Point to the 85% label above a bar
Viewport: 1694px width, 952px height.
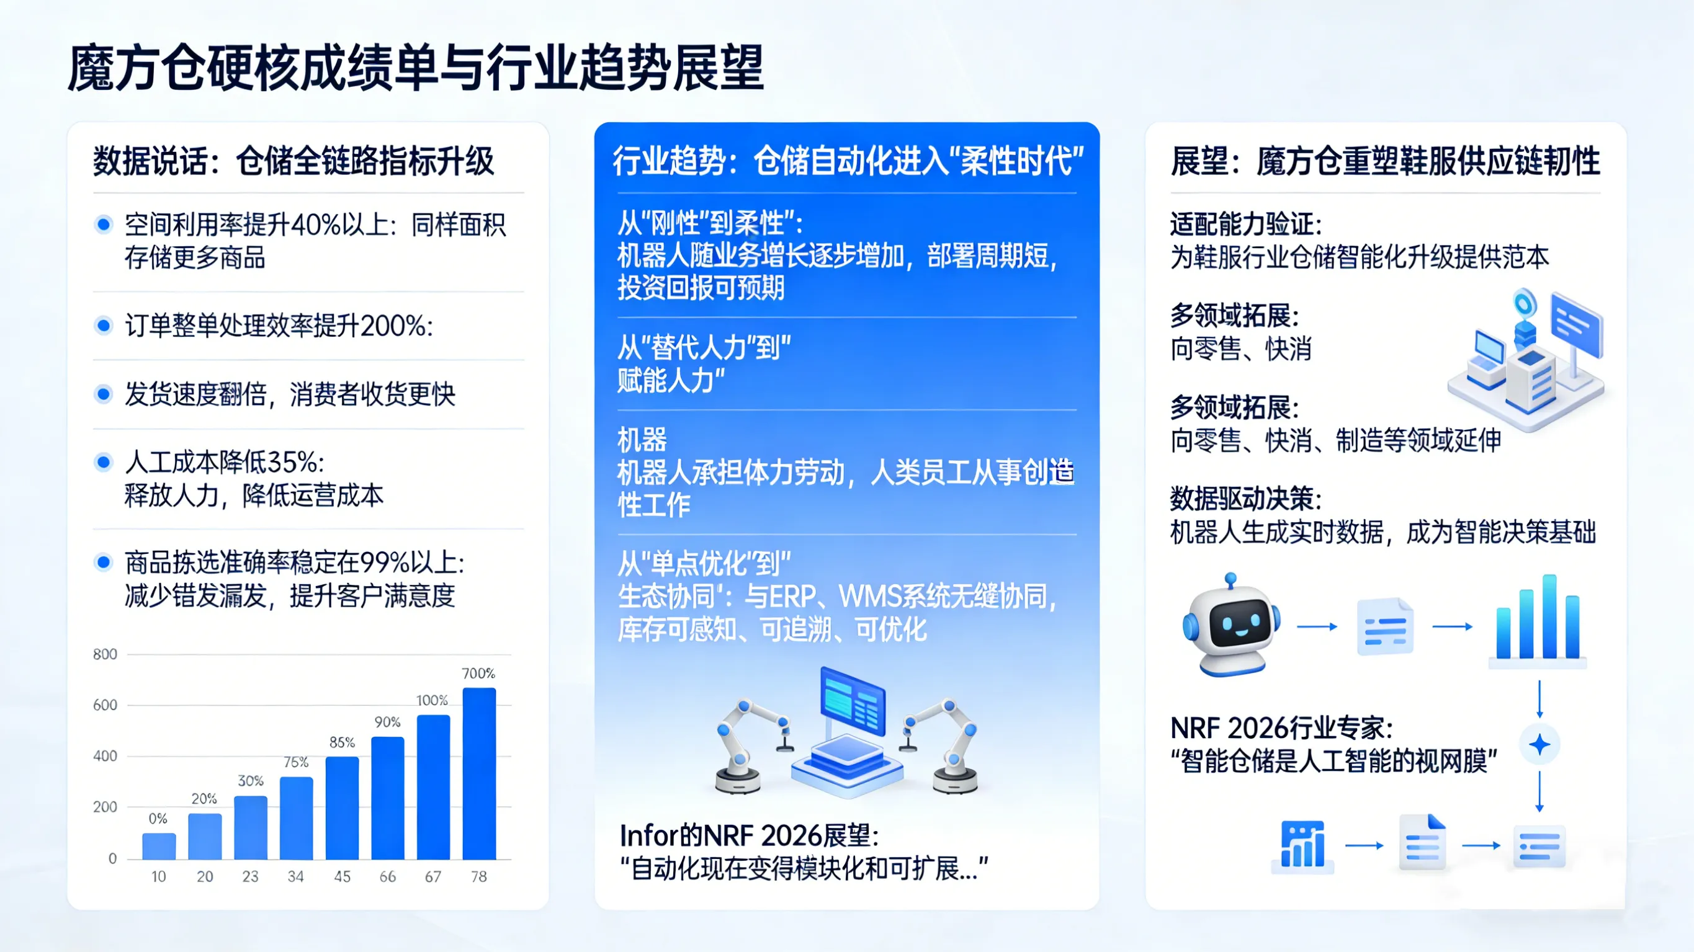(x=342, y=742)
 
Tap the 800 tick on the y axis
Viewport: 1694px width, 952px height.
(x=105, y=654)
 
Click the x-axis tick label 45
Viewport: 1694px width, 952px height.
(x=342, y=876)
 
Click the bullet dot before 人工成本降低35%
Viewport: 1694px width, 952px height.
(x=103, y=462)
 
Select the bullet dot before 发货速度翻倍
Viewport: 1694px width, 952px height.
(x=103, y=394)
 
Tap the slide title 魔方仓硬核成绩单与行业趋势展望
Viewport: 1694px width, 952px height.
(x=416, y=68)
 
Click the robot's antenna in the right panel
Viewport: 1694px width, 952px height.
(x=1230, y=581)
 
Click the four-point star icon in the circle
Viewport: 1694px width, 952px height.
(x=1539, y=745)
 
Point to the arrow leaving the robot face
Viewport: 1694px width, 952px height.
(x=1317, y=626)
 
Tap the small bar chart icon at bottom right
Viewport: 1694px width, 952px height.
(x=1302, y=845)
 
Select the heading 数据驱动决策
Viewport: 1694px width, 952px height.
(x=1245, y=499)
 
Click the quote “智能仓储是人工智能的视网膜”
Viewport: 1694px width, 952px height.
(x=1334, y=762)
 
